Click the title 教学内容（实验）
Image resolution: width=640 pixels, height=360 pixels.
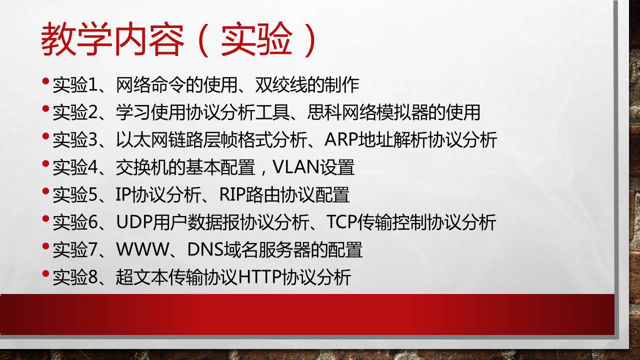(178, 39)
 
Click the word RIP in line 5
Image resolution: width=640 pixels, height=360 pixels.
(232, 194)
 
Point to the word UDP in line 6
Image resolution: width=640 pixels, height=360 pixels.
(134, 222)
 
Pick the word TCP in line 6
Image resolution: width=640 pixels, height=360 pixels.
(341, 222)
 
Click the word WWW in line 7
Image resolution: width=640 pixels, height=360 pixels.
(142, 249)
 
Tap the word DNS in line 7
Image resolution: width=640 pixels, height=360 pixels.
(205, 249)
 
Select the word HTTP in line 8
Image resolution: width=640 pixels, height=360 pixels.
(259, 277)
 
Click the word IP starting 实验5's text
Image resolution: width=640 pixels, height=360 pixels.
(123, 194)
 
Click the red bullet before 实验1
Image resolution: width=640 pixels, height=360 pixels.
(45, 81)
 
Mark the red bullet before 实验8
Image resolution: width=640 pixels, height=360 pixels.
(45, 273)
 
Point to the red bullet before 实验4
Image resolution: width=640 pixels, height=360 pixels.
(45, 163)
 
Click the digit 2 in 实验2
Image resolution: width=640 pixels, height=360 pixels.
(92, 112)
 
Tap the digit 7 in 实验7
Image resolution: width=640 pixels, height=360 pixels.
(92, 249)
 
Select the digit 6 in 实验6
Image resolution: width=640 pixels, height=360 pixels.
(92, 222)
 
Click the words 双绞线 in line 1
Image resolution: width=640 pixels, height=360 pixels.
(281, 85)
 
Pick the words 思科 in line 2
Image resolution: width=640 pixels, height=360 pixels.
(324, 112)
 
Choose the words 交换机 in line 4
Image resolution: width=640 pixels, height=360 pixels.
(142, 167)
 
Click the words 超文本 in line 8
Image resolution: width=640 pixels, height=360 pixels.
(142, 277)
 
